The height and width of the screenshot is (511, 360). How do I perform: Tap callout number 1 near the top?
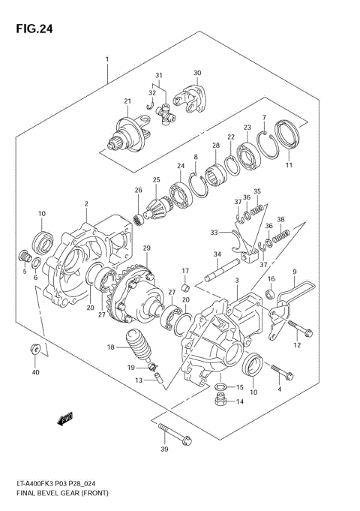106,59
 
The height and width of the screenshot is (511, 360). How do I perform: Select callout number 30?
197,73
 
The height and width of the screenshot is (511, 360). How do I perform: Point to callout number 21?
127,101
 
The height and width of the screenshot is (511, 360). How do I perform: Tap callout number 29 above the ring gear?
147,248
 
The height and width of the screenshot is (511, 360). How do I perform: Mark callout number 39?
163,449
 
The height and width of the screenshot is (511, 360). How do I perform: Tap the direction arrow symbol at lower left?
65,418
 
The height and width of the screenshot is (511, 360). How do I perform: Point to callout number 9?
295,272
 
